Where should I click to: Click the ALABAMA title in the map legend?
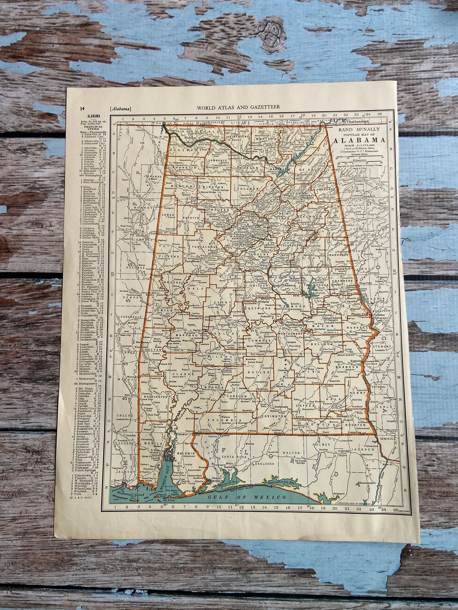(360, 140)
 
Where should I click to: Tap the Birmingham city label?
(262, 239)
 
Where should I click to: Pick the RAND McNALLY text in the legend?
(360, 129)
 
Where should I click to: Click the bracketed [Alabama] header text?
(120, 109)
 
